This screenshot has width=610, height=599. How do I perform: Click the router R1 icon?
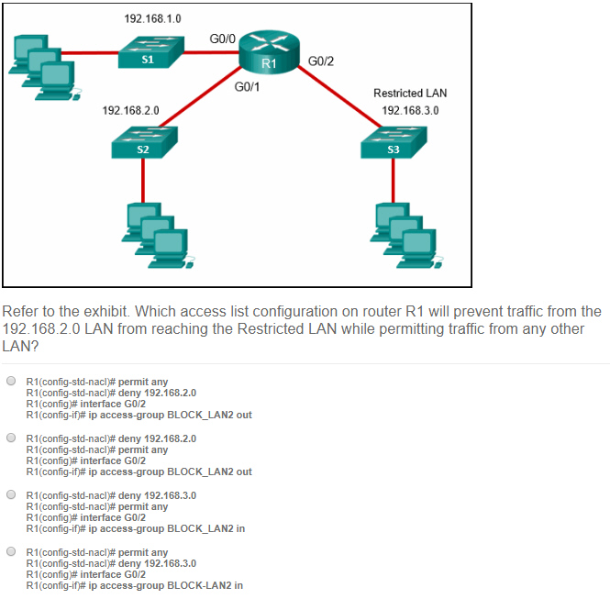coord(269,52)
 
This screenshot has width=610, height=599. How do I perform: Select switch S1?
coord(151,52)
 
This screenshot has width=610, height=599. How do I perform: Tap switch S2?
coord(144,142)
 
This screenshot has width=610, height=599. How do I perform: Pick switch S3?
coord(394,142)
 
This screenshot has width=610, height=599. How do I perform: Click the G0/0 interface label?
coord(223,39)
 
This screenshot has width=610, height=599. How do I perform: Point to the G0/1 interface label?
coord(247,87)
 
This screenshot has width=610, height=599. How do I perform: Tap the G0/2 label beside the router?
coord(321,61)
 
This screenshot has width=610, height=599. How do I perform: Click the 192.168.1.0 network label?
coord(152,18)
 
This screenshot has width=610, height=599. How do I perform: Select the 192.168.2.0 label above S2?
coord(130,110)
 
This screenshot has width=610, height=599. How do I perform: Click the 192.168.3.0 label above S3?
coord(410,110)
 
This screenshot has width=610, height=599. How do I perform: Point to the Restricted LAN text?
coord(410,94)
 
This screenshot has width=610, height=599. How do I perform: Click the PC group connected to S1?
coord(45,68)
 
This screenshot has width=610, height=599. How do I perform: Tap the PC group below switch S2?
coord(158,236)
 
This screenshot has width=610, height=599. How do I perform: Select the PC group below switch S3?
coord(406,236)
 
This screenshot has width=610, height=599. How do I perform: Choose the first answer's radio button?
coord(11,381)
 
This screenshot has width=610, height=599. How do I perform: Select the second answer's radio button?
coord(11,438)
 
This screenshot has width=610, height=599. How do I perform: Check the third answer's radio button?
coord(11,494)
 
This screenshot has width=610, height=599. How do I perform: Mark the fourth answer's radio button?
coord(11,551)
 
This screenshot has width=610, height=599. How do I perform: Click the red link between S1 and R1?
coord(211,52)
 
